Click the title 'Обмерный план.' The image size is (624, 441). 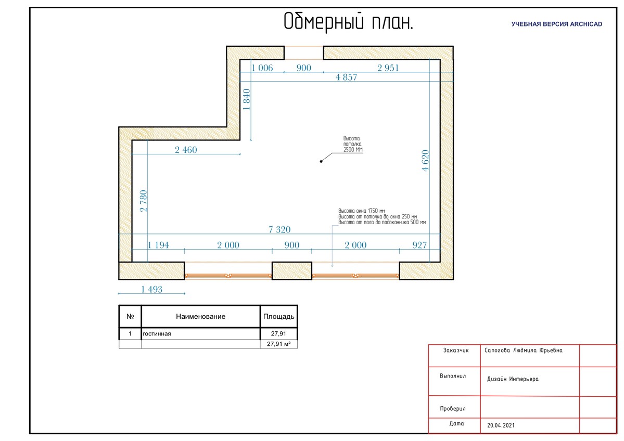click(x=348, y=22)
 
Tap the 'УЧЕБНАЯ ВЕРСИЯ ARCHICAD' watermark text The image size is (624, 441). click(x=556, y=24)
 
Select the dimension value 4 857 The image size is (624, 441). click(x=346, y=77)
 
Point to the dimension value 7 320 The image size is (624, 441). click(x=279, y=229)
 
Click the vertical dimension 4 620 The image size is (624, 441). click(x=425, y=161)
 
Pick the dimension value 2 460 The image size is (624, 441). click(x=186, y=150)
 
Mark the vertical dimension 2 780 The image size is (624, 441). click(x=144, y=201)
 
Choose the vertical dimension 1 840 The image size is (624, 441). click(x=247, y=99)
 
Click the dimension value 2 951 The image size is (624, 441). click(x=388, y=68)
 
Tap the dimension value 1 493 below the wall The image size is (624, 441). click(x=151, y=290)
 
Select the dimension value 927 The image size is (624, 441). click(x=419, y=245)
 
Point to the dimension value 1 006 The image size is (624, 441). click(x=262, y=68)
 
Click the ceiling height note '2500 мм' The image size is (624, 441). click(x=353, y=150)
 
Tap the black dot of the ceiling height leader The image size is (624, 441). click(x=321, y=161)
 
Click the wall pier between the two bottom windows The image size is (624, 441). click(x=292, y=271)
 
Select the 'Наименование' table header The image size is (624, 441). click(x=200, y=317)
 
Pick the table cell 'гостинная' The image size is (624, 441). click(x=157, y=334)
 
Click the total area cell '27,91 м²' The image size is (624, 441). click(x=278, y=344)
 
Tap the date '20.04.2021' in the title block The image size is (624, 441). click(x=501, y=425)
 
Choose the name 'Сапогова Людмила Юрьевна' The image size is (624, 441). click(x=524, y=351)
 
